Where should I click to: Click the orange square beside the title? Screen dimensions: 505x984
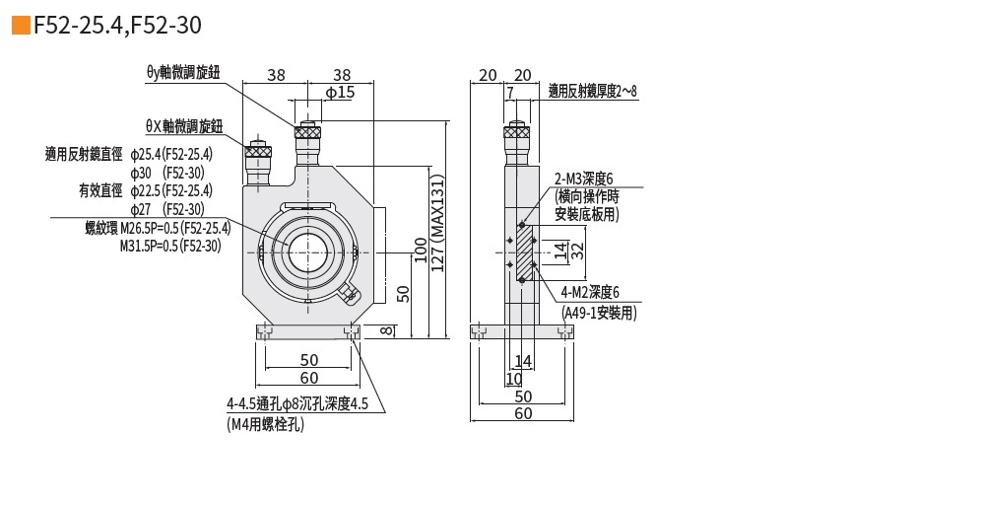pos(20,26)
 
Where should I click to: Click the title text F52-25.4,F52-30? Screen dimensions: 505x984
pos(119,26)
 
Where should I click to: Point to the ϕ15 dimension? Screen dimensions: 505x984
pos(339,92)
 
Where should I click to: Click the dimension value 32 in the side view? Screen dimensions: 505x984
pos(579,250)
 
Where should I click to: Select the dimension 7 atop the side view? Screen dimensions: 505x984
pos(509,93)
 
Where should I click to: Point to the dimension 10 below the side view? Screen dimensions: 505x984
pos(514,378)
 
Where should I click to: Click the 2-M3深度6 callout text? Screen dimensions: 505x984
pos(583,179)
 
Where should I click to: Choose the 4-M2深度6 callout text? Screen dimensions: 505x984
pos(590,292)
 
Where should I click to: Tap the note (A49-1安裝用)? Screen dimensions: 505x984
pos(599,313)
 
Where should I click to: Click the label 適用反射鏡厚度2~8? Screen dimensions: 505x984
pos(593,91)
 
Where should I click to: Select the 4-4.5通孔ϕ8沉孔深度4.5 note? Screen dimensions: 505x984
pos(296,403)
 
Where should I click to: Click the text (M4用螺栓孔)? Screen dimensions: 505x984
pos(265,425)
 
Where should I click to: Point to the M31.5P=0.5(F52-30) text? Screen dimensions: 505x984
pos(169,246)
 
